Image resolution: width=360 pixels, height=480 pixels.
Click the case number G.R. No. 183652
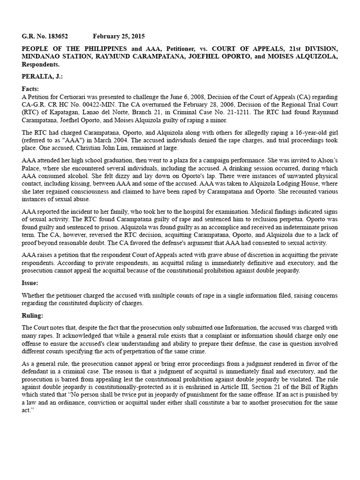click(x=47, y=36)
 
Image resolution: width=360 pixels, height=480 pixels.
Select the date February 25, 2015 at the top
click(x=119, y=36)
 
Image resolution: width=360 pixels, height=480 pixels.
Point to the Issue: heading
click(x=31, y=283)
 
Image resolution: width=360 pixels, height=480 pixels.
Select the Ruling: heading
click(x=33, y=315)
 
